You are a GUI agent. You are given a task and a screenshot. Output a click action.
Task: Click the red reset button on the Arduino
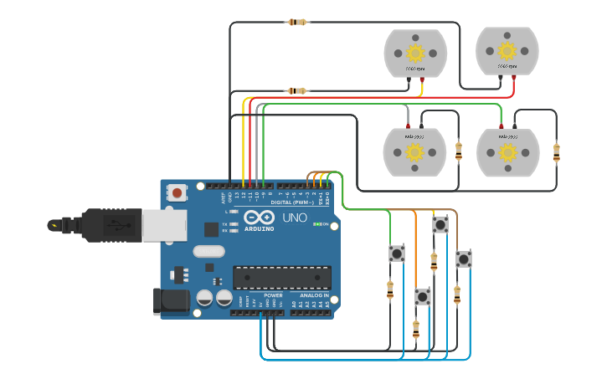[x=177, y=192]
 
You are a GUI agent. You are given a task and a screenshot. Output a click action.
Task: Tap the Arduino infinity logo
[x=260, y=218]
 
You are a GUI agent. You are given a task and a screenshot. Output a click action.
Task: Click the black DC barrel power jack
[x=171, y=301]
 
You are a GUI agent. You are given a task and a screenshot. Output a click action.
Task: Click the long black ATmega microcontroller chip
[x=281, y=277]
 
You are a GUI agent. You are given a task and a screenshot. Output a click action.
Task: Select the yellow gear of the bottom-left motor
[x=414, y=151]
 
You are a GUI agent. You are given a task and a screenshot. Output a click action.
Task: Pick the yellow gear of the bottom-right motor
[x=507, y=151]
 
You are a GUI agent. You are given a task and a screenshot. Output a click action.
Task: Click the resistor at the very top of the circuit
[x=297, y=23]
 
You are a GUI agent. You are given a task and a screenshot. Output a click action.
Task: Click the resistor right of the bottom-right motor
[x=557, y=152]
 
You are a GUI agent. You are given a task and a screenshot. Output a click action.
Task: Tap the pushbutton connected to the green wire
[x=397, y=253]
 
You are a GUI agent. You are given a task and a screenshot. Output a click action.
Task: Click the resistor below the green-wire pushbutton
[x=390, y=289]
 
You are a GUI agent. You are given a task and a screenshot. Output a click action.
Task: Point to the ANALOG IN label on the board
[x=314, y=295]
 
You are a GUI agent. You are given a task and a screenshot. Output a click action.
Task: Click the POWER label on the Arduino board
[x=273, y=295]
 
